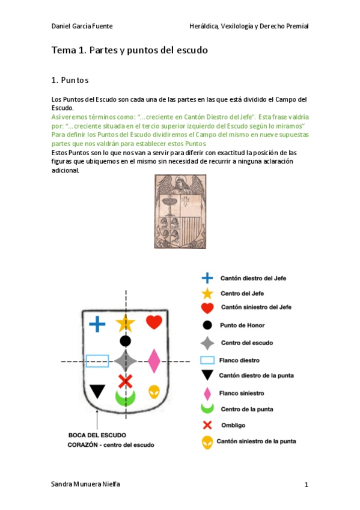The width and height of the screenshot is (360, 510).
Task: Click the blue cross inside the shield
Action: pos(97,325)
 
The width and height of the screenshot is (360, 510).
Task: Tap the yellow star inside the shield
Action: pos(125,323)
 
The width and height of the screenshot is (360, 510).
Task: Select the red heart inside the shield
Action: pos(154,322)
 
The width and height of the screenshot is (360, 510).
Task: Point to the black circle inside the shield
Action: pos(125,341)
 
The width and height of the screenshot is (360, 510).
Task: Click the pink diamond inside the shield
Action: pos(154,361)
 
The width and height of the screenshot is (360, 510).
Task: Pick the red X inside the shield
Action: pos(125,381)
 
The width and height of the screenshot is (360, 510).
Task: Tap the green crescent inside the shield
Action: pos(126,397)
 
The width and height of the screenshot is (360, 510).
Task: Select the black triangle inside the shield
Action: pos(97,392)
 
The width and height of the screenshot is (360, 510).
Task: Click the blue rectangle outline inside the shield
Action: pos(97,361)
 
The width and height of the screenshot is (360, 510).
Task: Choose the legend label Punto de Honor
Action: pos(242,325)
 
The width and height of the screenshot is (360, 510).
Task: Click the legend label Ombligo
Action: pos(233,425)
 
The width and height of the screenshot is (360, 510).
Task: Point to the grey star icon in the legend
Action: pos(207,343)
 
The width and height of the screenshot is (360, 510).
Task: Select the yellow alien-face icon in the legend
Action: pos(207,443)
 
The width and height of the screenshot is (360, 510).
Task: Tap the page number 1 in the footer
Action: pos(306,485)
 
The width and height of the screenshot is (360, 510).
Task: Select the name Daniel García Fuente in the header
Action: pos(82,26)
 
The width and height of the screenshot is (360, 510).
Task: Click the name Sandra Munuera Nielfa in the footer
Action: pos(85,484)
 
